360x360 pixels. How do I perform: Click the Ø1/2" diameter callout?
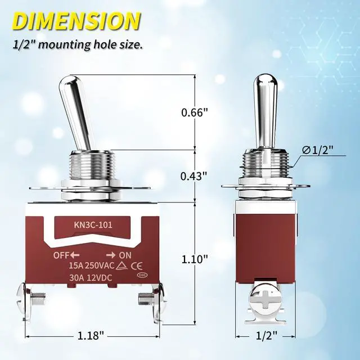(x=318, y=150)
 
